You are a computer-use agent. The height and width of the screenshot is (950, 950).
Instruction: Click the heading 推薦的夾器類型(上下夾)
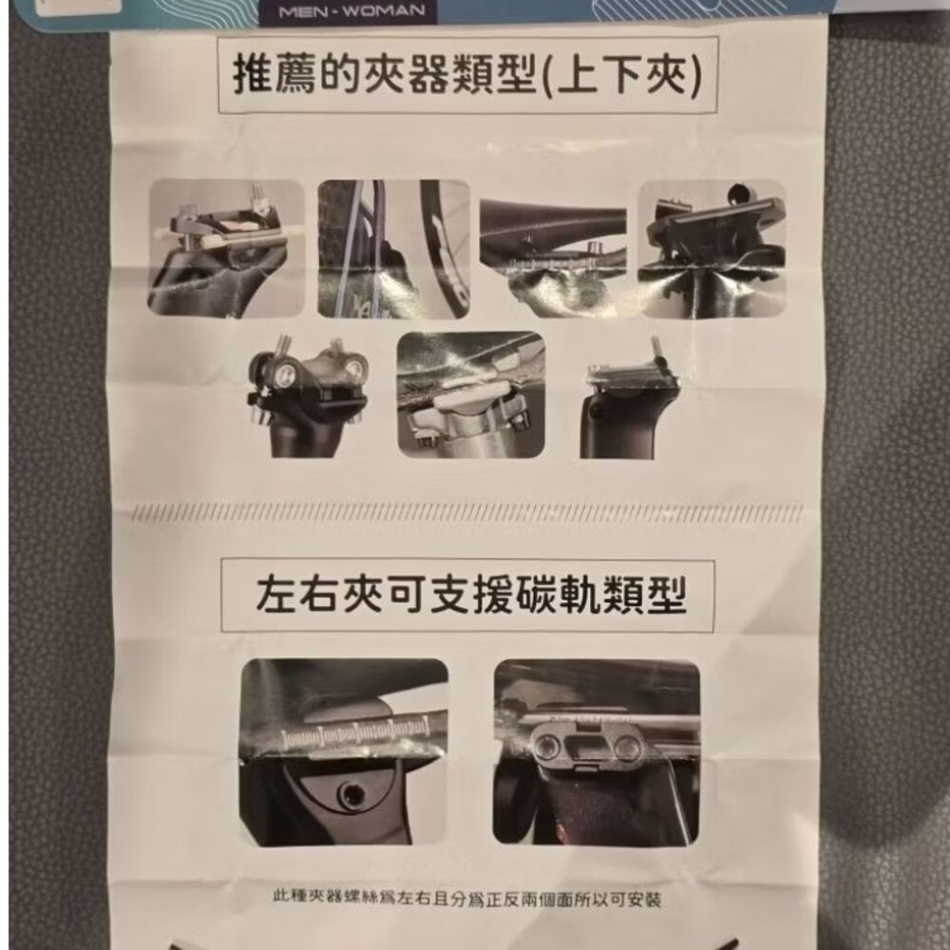(467, 75)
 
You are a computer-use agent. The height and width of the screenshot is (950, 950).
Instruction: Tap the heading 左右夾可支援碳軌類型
(471, 595)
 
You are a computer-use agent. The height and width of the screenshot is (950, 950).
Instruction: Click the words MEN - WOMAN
(351, 10)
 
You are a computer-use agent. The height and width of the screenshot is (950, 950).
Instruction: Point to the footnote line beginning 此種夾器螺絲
(466, 898)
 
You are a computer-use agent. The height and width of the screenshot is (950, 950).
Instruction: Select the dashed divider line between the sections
(467, 514)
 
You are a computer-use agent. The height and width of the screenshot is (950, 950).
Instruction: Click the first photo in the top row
(226, 248)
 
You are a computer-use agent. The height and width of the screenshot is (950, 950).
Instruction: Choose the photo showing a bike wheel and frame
(394, 248)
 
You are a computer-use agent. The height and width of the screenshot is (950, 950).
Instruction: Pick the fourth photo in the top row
(712, 248)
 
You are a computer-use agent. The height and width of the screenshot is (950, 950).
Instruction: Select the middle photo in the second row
(471, 394)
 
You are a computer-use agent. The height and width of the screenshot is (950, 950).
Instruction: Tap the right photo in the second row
(630, 398)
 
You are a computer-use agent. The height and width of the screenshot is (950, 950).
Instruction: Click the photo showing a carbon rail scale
(344, 751)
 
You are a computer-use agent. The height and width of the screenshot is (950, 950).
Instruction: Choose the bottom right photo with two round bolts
(597, 751)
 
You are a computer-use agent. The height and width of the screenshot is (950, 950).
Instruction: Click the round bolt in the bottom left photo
(351, 795)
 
